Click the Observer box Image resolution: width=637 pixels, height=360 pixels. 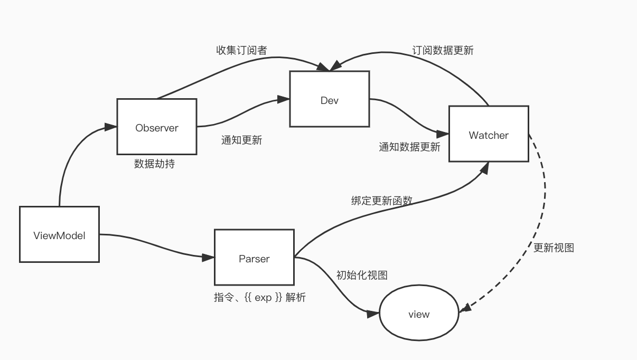pos(157,127)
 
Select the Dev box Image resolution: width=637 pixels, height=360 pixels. pos(329,99)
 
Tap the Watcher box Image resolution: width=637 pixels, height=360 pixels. pos(489,134)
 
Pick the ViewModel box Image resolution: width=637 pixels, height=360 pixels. pos(59,234)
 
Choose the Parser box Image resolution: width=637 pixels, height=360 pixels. pos(254,258)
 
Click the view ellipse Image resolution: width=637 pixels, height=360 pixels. pos(419,314)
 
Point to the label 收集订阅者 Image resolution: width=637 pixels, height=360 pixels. pos(241,51)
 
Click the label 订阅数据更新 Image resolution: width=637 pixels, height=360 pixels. pos(443,51)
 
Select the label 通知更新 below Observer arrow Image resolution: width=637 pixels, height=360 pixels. pos(241,140)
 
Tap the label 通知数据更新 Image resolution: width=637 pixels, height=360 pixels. pos(409,147)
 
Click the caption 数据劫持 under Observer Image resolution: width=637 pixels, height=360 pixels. pos(154,164)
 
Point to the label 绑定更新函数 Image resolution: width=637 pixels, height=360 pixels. pos(381,201)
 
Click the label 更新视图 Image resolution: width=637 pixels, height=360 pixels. pos(554,248)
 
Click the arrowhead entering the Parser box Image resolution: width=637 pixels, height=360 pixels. pos(209,258)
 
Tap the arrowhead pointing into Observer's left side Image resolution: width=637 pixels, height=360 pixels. pos(111,127)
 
